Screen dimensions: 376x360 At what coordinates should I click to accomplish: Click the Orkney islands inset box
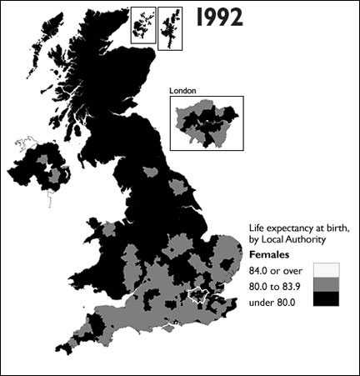(x=143, y=25)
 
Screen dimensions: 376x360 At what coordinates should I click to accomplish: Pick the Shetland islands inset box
(x=171, y=27)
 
